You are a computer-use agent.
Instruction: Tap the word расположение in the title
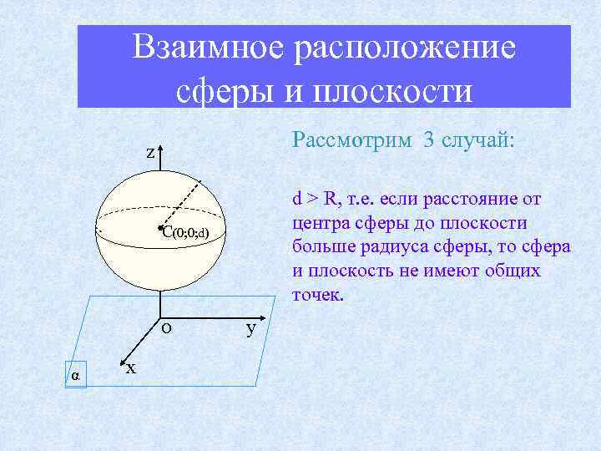(x=402, y=48)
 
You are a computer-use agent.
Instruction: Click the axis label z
(x=150, y=153)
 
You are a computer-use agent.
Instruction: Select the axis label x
(x=131, y=368)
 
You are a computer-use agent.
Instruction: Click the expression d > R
(x=312, y=199)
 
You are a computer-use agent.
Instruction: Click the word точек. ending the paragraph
(x=317, y=295)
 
